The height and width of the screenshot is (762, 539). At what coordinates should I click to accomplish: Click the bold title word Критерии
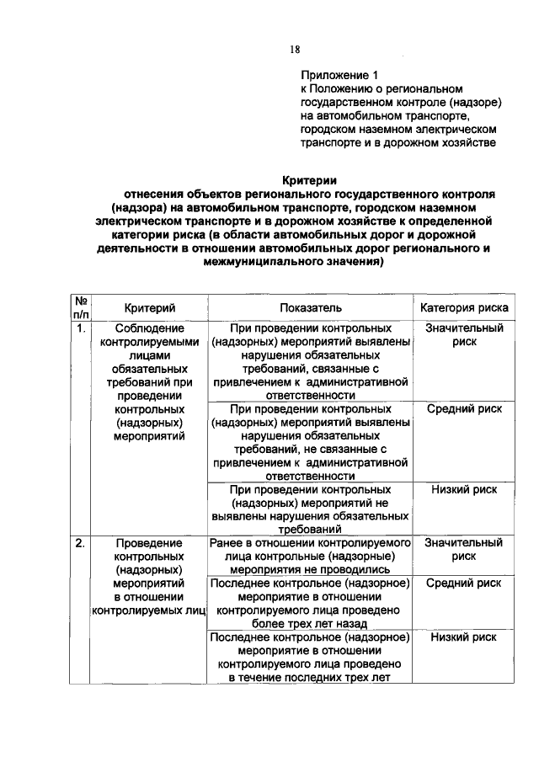[x=309, y=179]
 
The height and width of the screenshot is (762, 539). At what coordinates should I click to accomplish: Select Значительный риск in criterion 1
[x=464, y=335]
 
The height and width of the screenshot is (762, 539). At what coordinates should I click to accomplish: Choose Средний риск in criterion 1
[x=464, y=408]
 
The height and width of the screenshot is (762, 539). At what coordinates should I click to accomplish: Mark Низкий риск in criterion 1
[x=464, y=489]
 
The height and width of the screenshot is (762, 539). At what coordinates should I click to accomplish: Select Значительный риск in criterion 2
[x=464, y=550]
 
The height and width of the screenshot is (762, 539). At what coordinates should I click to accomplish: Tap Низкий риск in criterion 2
[x=464, y=637]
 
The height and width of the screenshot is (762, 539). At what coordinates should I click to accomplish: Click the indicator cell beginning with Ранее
[x=312, y=557]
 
